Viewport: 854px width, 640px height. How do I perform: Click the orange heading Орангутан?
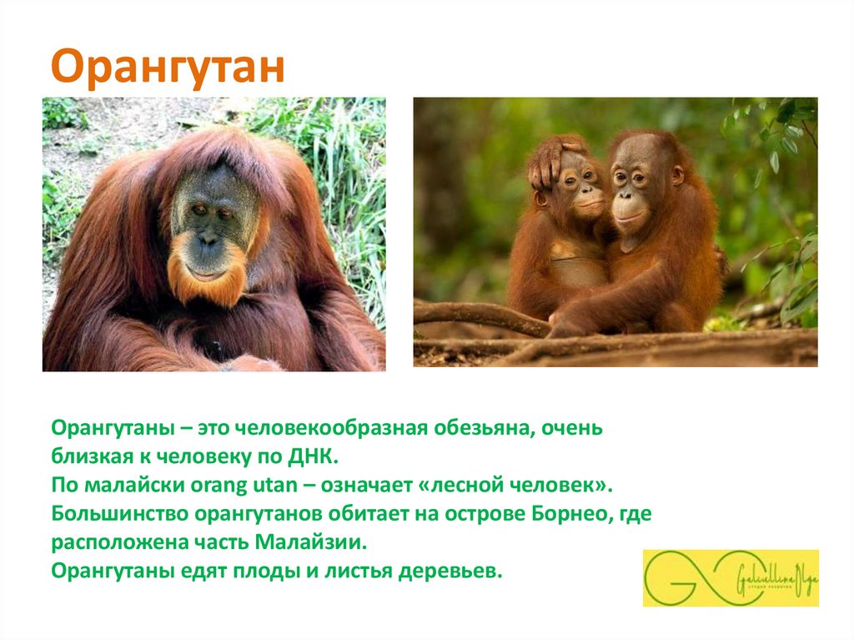168,68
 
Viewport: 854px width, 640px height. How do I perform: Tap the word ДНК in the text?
314,457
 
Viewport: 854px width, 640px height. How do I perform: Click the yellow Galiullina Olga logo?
731,577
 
